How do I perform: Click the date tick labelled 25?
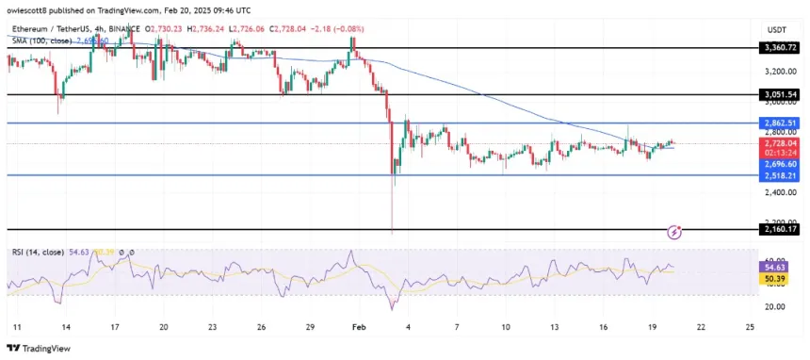click(750, 327)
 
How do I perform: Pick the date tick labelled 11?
click(15, 327)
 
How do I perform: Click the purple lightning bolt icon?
click(674, 231)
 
